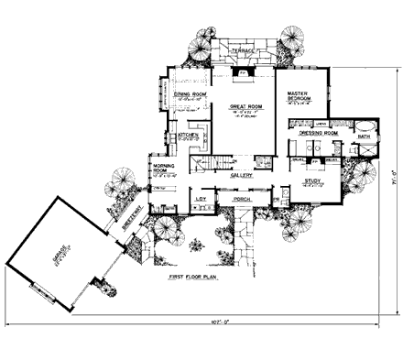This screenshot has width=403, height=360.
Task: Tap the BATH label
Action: pos(363,136)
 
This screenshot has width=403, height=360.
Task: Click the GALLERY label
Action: pos(241,175)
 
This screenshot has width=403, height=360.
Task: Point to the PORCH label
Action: pos(242,199)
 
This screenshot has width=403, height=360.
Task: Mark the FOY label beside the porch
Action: pos(201,198)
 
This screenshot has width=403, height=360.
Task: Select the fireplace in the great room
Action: pos(243,71)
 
